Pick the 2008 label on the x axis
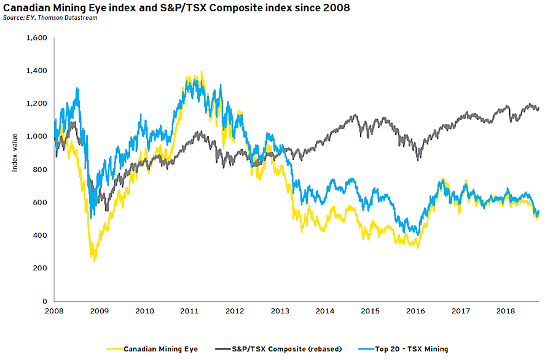(x=55, y=311)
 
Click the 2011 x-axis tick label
(x=189, y=311)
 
